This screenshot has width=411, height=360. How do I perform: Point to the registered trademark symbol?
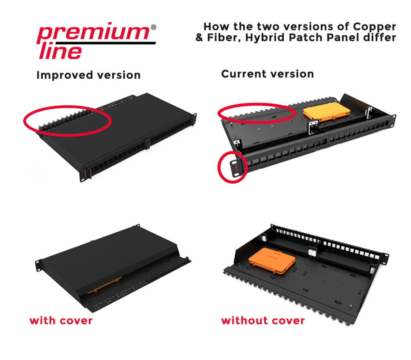click(x=153, y=28)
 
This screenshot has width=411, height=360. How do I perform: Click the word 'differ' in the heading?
click(x=381, y=38)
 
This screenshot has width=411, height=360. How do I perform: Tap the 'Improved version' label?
click(x=88, y=75)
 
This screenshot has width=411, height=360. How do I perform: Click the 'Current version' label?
click(x=267, y=74)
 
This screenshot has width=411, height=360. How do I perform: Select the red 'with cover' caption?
click(x=61, y=321)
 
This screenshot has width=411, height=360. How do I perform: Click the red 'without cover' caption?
click(x=263, y=321)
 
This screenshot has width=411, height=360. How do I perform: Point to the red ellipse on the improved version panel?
click(x=67, y=119)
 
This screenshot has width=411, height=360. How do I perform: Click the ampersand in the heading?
click(x=199, y=38)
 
